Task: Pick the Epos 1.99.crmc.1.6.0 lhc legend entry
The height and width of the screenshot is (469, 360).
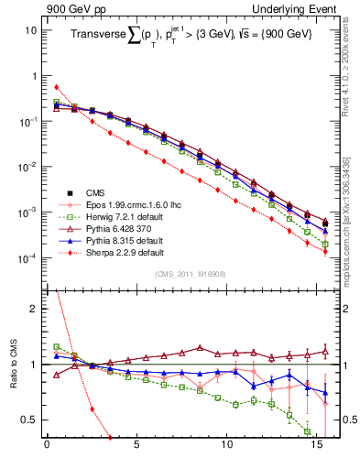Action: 129,205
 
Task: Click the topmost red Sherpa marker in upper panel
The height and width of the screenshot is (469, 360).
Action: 56,87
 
